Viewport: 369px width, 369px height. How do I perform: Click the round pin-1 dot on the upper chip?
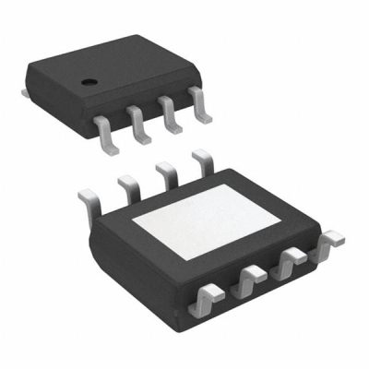click(x=89, y=83)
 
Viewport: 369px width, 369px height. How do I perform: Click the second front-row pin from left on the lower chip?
click(x=251, y=277)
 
